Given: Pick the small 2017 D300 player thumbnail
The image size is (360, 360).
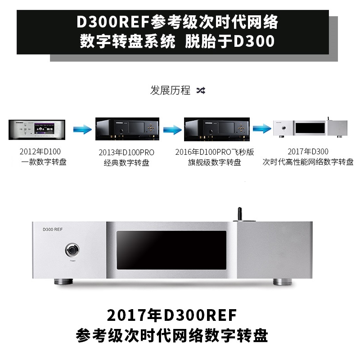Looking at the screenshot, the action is pos(310,129).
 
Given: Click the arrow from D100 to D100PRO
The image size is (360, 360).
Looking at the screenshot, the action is pos(82,130).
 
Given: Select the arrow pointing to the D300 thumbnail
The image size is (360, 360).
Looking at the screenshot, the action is pos(261,130).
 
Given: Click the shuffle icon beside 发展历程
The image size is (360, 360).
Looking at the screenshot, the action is pos(201,90).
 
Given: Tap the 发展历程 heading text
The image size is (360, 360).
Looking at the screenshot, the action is pos(170,90).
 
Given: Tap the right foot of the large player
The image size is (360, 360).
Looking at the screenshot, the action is pos(283,283).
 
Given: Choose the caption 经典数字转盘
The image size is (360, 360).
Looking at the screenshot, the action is pos(126,162).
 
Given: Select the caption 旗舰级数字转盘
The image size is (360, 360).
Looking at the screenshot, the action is pos(215,162).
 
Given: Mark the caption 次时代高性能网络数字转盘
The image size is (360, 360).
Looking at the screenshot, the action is pos(308,162).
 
